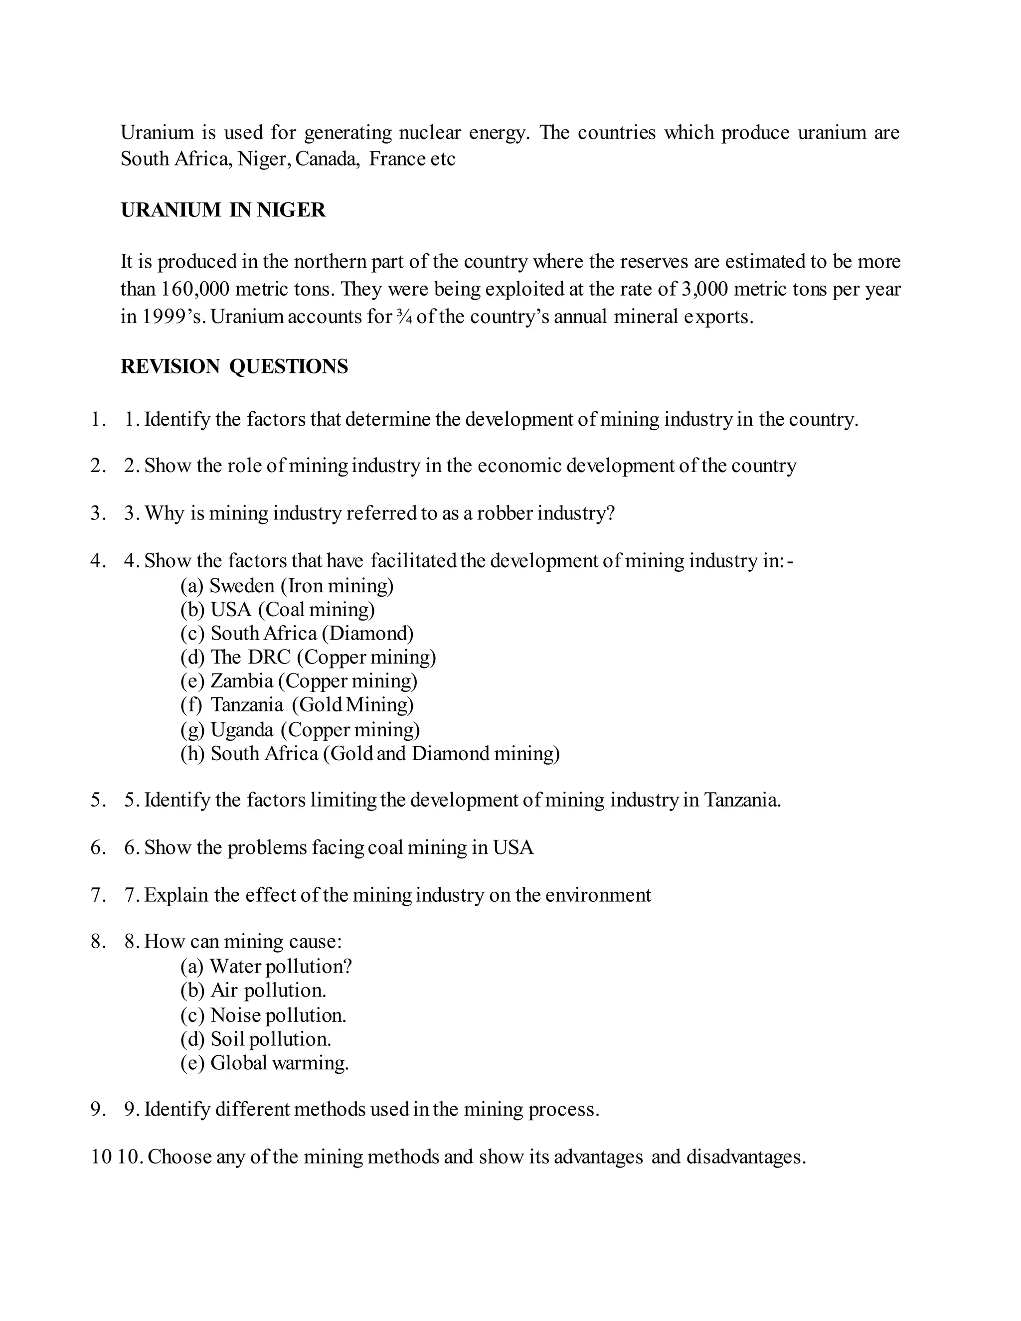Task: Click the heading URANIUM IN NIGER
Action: (223, 210)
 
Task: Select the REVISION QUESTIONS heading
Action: (234, 366)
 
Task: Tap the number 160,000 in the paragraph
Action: (195, 289)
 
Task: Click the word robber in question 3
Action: (505, 513)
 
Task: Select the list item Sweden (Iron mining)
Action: (287, 586)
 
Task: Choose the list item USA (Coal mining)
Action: (278, 609)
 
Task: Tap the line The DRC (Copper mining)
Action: (308, 657)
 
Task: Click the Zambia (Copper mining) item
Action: (299, 681)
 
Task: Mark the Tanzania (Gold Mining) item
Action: (297, 705)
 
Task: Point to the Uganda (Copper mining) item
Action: (300, 729)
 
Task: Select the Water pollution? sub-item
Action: (266, 967)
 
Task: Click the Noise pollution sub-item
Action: (263, 1015)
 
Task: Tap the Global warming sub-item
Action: (264, 1063)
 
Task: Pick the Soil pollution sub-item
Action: (256, 1039)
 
